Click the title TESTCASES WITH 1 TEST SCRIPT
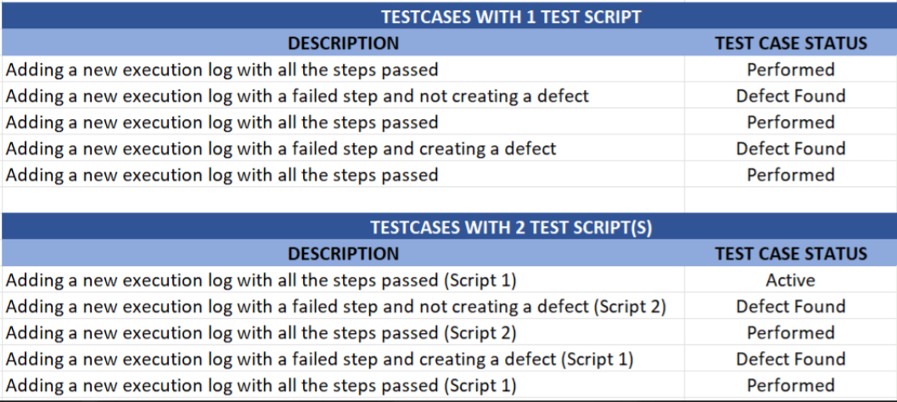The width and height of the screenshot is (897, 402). (x=512, y=17)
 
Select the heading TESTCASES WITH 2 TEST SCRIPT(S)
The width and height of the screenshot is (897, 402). (x=512, y=227)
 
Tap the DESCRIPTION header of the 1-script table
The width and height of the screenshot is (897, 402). (x=343, y=43)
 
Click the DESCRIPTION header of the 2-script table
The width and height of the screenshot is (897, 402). (x=343, y=253)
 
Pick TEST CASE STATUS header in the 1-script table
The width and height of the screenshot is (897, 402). (x=791, y=43)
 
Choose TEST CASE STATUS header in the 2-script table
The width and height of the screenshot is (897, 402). (x=791, y=253)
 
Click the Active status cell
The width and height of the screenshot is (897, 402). (x=791, y=280)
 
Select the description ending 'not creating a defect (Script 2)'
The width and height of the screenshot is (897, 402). (x=336, y=307)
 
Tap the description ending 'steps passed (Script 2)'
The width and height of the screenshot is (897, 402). (x=261, y=333)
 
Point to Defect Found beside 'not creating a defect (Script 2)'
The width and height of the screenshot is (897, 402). (x=791, y=306)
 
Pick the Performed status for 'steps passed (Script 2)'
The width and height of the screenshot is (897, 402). (x=791, y=332)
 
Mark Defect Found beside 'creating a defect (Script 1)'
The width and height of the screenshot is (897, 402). (x=791, y=359)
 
